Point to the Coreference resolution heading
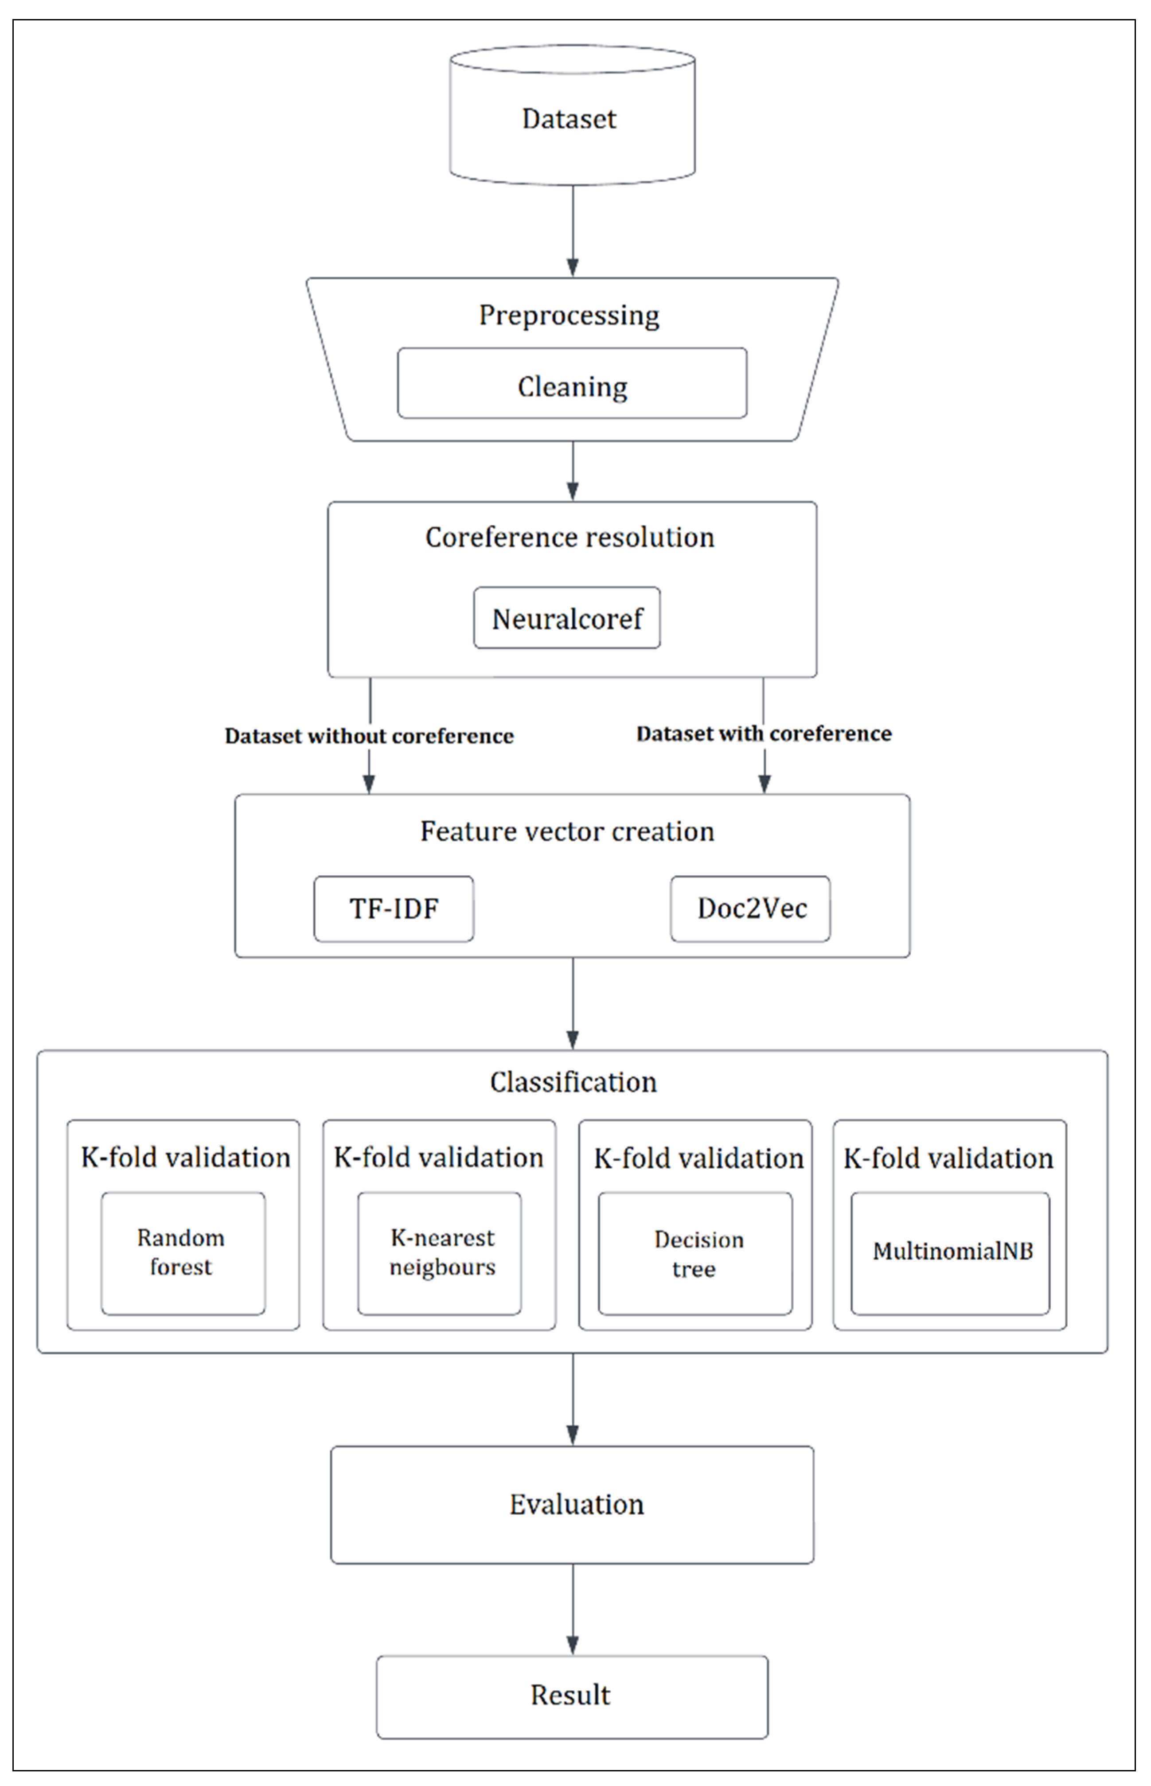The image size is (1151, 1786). click(570, 537)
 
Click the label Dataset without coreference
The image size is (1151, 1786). click(369, 736)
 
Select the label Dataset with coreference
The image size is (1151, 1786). click(764, 734)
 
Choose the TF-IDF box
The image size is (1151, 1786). click(394, 909)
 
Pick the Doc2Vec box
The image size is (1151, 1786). click(750, 909)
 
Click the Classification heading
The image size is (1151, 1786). click(573, 1082)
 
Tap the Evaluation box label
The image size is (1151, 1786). click(576, 1504)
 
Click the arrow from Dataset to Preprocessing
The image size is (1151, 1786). click(573, 232)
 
